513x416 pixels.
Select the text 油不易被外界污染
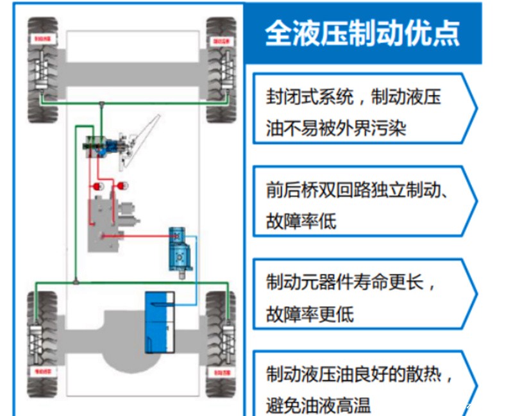tap(336, 128)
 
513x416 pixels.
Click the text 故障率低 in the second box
tap(301, 221)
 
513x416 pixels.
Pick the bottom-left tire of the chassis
tap(42, 344)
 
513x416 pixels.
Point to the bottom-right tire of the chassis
tap(222, 344)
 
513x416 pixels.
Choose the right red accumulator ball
tap(119, 187)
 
